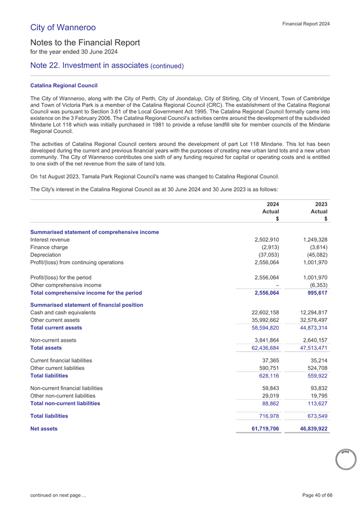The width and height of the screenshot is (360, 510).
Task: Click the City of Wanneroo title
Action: (x=63, y=27)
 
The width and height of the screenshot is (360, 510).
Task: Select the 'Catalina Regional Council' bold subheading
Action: (x=64, y=85)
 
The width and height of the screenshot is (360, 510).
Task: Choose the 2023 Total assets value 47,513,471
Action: (x=309, y=348)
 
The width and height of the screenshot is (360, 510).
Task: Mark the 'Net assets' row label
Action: (x=44, y=428)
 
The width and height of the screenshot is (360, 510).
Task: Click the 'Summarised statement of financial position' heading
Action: (x=86, y=305)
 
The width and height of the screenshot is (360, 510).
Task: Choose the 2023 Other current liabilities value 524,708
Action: (x=314, y=367)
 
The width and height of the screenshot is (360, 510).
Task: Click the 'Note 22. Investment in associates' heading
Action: (x=107, y=65)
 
